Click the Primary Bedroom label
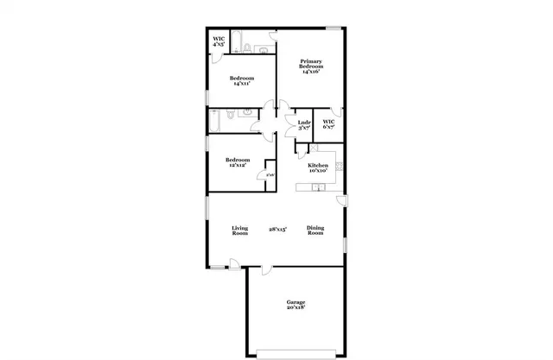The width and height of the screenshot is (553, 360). tap(311, 66)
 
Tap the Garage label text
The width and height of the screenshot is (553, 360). tap(296, 304)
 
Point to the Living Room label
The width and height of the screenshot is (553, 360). tap(239, 231)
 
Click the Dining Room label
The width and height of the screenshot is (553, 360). tap(315, 231)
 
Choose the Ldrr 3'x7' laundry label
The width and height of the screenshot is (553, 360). tap(303, 124)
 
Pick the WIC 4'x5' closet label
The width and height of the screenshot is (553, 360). tap(219, 41)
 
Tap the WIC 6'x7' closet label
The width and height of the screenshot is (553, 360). tap(328, 124)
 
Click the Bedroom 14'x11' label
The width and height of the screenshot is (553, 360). tap(241, 82)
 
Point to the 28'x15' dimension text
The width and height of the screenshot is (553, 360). tap(277, 230)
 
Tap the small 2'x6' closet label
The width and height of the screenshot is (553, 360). tap(270, 174)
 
